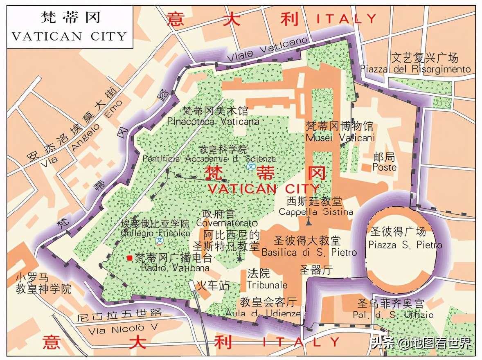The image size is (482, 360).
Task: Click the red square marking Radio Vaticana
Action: pyautogui.click(x=130, y=258)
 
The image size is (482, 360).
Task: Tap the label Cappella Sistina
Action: pyautogui.click(x=315, y=212)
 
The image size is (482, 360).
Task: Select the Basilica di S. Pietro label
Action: pyautogui.click(x=309, y=253)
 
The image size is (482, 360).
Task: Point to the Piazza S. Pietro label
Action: pyautogui.click(x=405, y=245)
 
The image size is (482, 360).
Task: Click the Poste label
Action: pyautogui.click(x=384, y=167)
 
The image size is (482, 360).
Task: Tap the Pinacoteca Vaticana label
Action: pyautogui.click(x=213, y=122)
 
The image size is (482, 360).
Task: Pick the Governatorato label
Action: pyautogui.click(x=227, y=223)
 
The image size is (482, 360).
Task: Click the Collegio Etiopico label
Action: pyautogui.click(x=155, y=233)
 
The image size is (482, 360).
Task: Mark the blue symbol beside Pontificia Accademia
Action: pyautogui.click(x=251, y=166)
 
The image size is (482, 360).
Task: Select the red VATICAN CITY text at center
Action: pyautogui.click(x=264, y=189)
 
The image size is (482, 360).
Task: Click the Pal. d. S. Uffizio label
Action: pyautogui.click(x=393, y=315)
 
